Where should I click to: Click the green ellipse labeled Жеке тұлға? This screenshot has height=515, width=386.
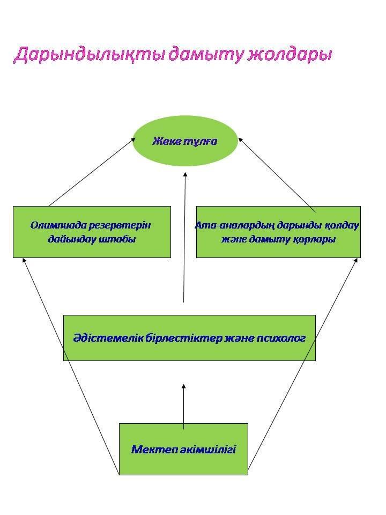(x=185, y=141)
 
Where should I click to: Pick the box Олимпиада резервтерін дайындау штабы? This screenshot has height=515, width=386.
(x=92, y=232)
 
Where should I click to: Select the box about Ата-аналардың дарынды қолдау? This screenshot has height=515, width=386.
(x=278, y=232)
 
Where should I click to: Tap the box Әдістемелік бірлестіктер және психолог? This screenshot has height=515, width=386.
(x=189, y=338)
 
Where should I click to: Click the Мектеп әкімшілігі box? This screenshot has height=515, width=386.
(x=183, y=449)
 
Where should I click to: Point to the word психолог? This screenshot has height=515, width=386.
(x=279, y=339)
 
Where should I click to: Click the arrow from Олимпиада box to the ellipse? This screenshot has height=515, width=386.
(x=91, y=172)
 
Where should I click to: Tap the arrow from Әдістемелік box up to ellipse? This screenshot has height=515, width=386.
(x=184, y=236)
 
